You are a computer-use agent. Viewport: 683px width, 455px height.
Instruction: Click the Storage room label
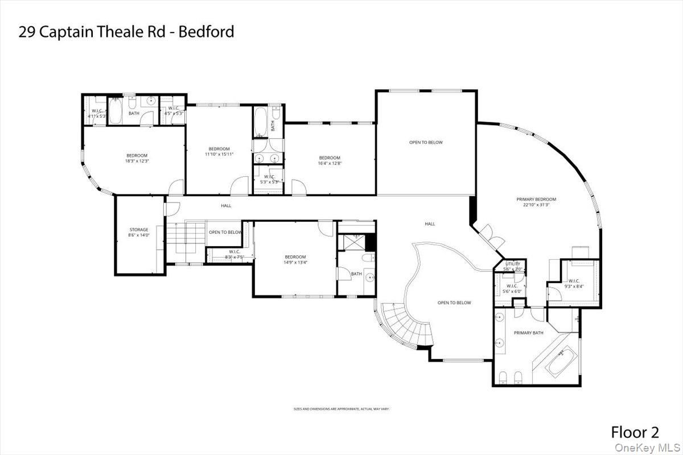(138, 230)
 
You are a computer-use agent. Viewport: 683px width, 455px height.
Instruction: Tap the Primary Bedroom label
(536, 199)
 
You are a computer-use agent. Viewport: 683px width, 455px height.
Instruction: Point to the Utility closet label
(513, 264)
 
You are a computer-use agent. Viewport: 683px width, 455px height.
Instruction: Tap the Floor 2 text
(635, 431)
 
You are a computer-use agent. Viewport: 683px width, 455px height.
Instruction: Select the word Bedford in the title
(206, 31)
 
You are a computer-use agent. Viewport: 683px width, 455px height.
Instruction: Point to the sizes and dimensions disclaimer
(341, 409)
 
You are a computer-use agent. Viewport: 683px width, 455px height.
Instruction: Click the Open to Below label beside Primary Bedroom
(426, 142)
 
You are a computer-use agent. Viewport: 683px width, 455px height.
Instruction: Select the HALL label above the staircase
(226, 205)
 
